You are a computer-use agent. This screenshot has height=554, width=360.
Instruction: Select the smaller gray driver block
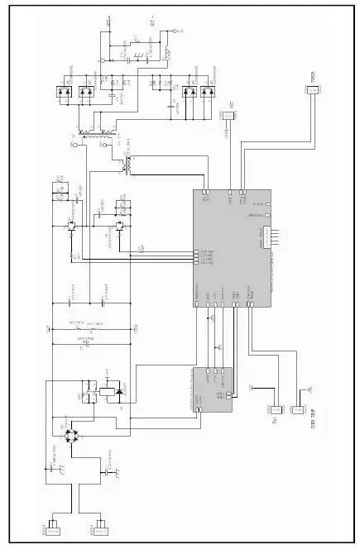point(213,389)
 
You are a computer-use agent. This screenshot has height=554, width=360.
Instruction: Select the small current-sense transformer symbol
point(127,165)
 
